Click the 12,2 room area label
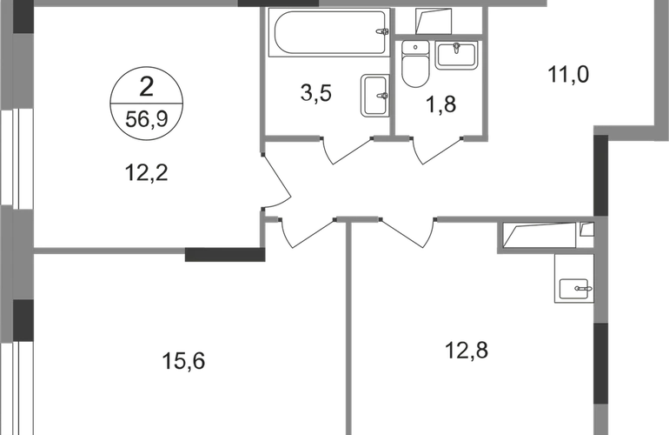point(146,172)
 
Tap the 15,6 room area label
point(183,361)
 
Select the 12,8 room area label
point(467,351)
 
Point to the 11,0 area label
point(568,74)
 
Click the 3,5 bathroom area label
point(315,93)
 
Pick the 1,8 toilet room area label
point(441,104)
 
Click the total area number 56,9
point(146,119)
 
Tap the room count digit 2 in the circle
point(146,87)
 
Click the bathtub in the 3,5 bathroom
point(329,32)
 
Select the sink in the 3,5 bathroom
point(375,96)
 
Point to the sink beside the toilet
point(456,55)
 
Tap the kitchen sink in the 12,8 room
point(573,290)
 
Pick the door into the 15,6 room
point(308,234)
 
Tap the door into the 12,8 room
point(408,234)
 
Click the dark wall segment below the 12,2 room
point(225,255)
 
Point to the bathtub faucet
point(382,31)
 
